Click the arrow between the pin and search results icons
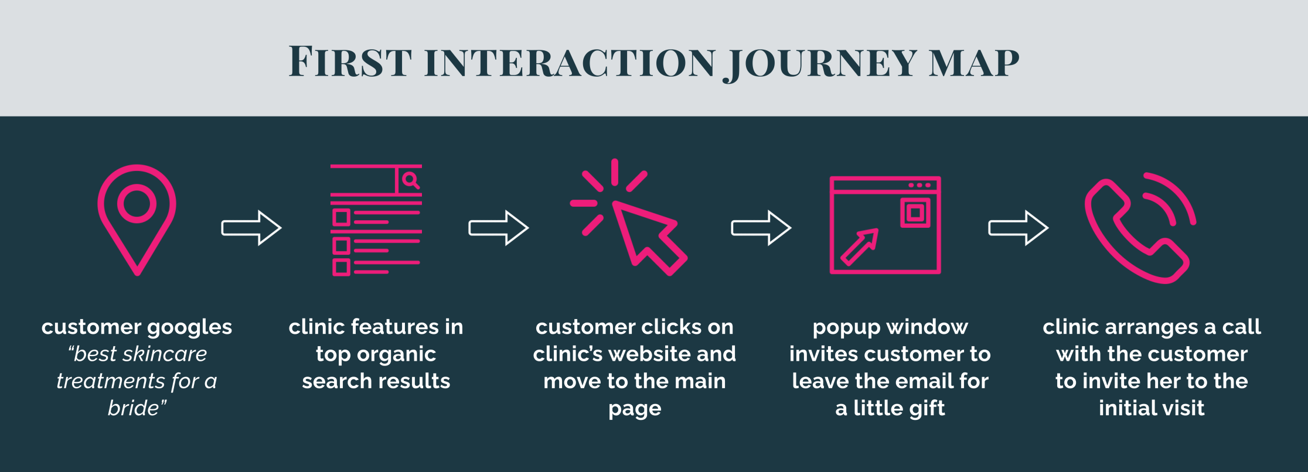pyautogui.click(x=251, y=228)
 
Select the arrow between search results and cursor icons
pyautogui.click(x=499, y=228)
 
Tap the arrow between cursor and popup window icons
pyautogui.click(x=761, y=228)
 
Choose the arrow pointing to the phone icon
pyautogui.click(x=1019, y=228)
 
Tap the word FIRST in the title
pyautogui.click(x=350, y=61)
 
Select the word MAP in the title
pyautogui.click(x=975, y=63)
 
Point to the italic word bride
pyautogui.click(x=134, y=408)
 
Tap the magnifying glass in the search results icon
pyautogui.click(x=411, y=180)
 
